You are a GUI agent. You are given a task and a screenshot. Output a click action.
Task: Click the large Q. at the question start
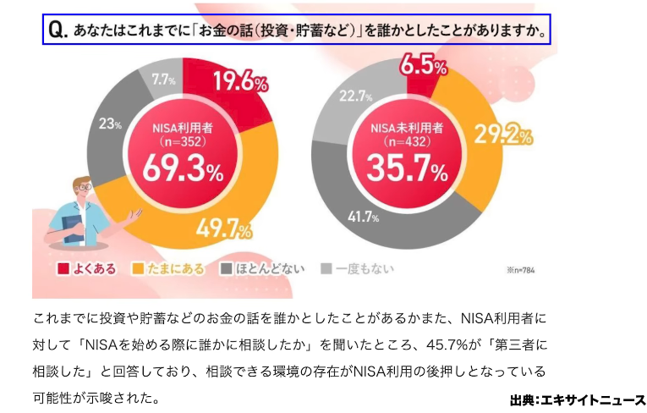click(58, 31)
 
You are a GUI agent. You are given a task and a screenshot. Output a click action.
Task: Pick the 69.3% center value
click(183, 171)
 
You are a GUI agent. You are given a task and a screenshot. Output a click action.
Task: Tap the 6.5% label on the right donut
click(423, 65)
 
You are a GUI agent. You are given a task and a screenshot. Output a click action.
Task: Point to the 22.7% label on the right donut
click(355, 96)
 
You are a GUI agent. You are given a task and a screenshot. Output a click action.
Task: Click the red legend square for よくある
click(63, 270)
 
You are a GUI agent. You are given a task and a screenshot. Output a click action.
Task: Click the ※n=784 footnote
click(521, 271)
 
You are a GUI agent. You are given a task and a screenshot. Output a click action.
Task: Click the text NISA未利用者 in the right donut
click(408, 128)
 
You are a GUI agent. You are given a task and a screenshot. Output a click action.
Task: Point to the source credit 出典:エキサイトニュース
click(577, 399)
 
